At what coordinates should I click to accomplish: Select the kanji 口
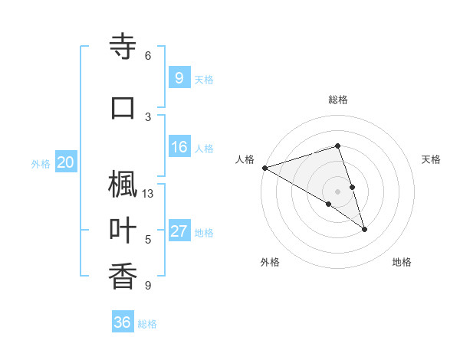tap(123, 106)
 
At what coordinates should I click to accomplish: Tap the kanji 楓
tap(123, 185)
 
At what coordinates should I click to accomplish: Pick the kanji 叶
tap(123, 231)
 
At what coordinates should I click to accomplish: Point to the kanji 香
tap(123, 277)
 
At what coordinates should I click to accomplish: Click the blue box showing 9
tap(179, 77)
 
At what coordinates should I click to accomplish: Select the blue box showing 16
tap(179, 147)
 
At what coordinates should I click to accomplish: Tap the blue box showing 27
tap(179, 231)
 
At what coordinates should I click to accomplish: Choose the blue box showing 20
tap(66, 162)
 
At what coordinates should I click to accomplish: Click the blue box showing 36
tap(123, 322)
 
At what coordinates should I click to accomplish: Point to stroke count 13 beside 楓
tap(148, 194)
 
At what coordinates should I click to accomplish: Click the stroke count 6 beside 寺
tap(148, 56)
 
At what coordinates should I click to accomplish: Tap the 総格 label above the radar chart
tap(337, 100)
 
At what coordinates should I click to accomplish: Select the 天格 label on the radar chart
tap(431, 159)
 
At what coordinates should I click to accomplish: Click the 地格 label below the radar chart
tap(402, 263)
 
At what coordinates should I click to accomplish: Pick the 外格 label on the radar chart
tap(270, 263)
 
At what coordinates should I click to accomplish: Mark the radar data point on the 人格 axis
tap(264, 167)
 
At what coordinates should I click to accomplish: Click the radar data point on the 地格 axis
tap(365, 229)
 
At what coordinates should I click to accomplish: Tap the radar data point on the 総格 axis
tap(337, 146)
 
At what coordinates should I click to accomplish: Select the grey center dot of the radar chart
tap(337, 191)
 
